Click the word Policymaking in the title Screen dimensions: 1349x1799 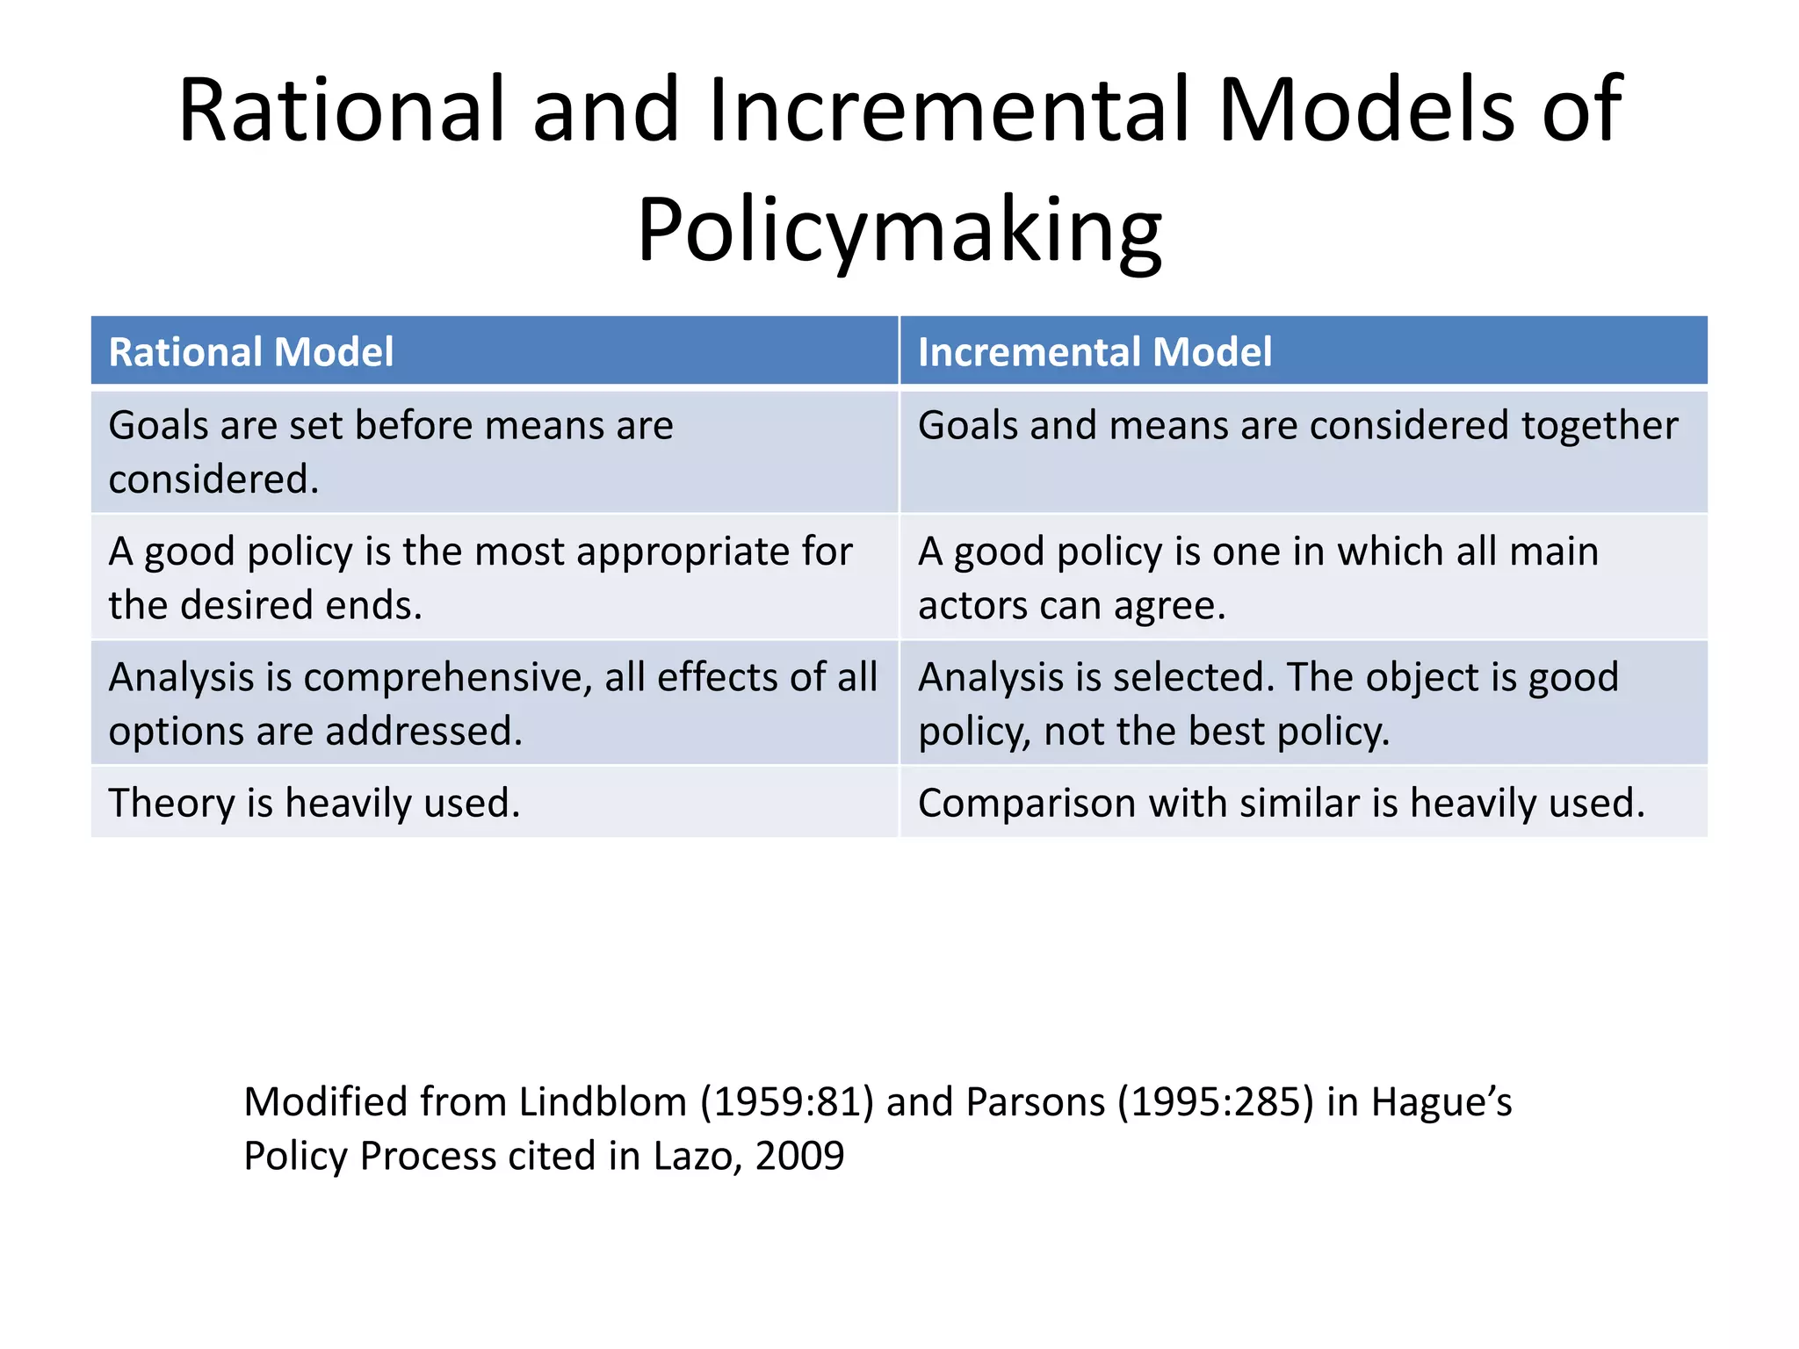(x=899, y=230)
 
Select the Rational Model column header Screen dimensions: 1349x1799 (x=251, y=352)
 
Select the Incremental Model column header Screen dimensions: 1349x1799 (x=1095, y=352)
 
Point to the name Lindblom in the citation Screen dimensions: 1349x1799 (x=602, y=1101)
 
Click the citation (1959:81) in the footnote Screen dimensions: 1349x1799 (x=786, y=1101)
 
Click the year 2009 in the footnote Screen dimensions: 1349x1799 (x=799, y=1156)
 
